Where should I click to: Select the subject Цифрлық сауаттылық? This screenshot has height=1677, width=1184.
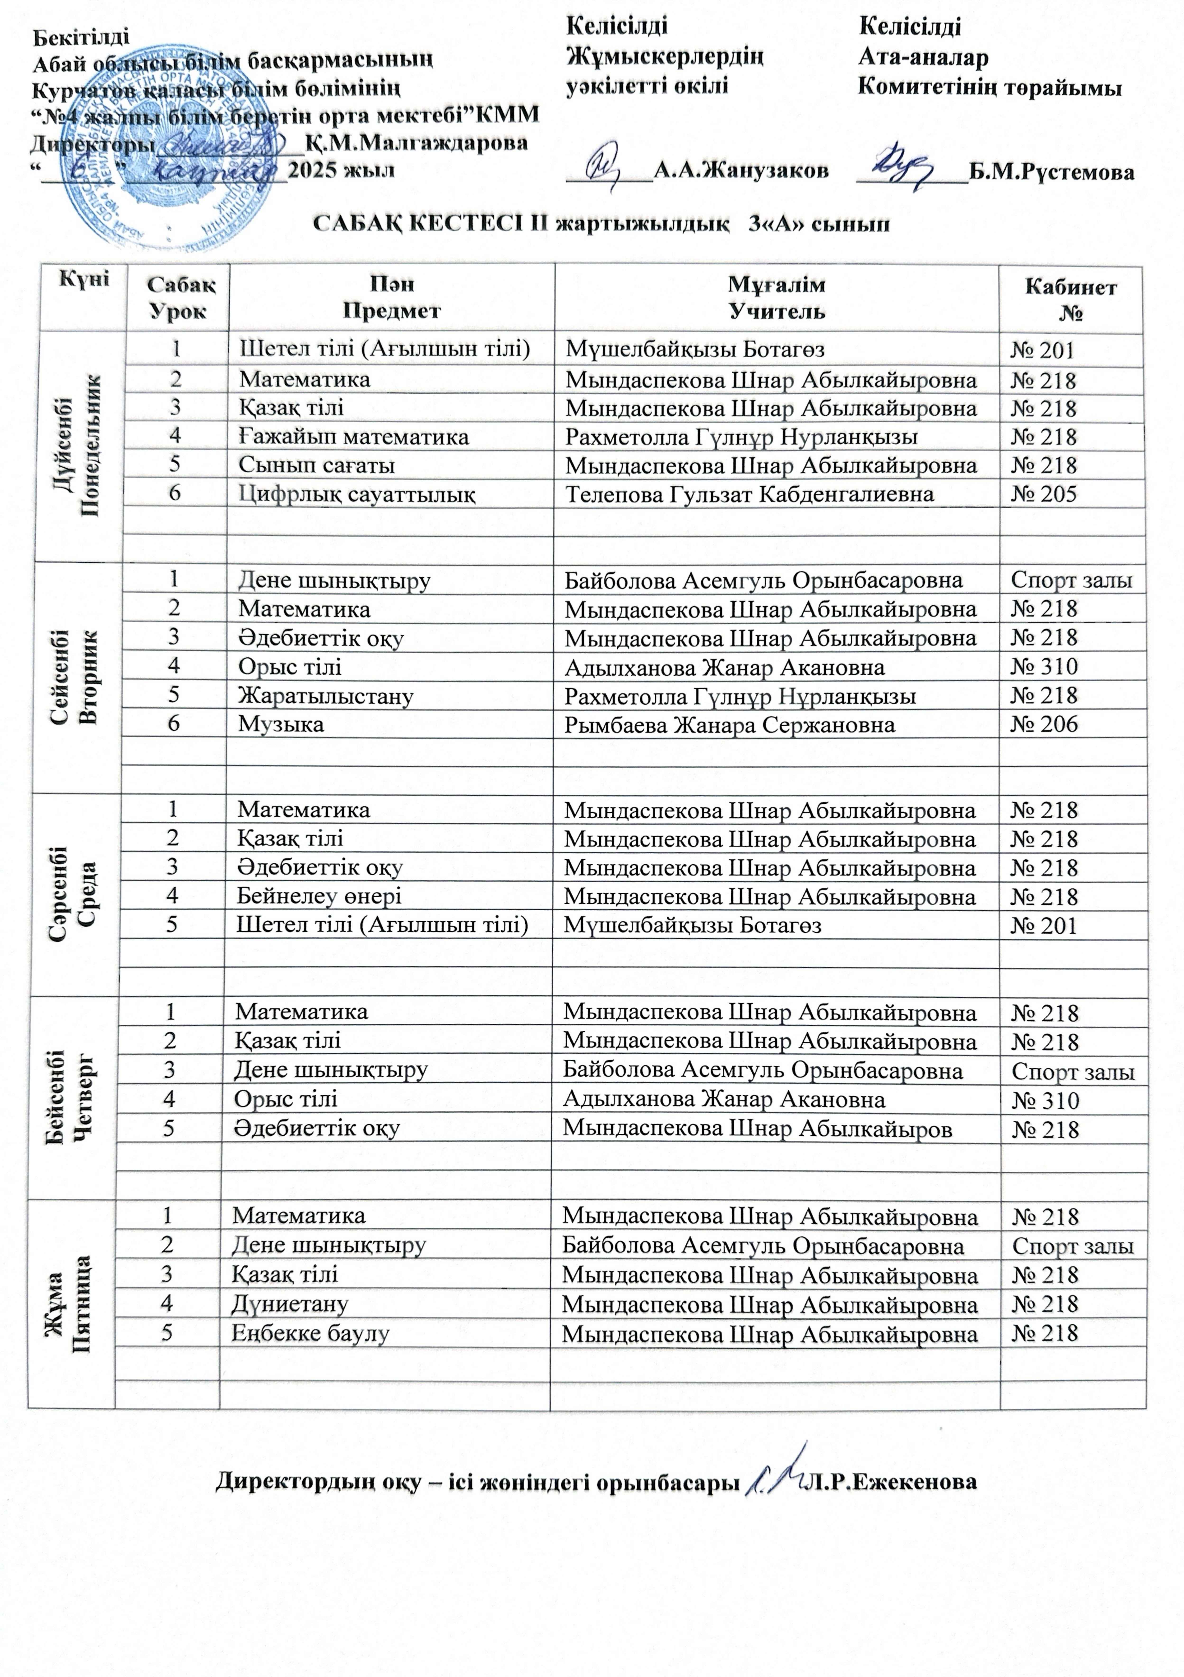tap(358, 494)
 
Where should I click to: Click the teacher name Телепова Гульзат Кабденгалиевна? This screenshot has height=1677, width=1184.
tap(749, 494)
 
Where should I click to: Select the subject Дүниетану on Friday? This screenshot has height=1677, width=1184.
tap(290, 1304)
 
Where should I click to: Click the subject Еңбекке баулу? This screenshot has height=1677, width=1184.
tap(310, 1333)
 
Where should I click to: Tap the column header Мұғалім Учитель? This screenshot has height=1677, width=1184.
tap(777, 298)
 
